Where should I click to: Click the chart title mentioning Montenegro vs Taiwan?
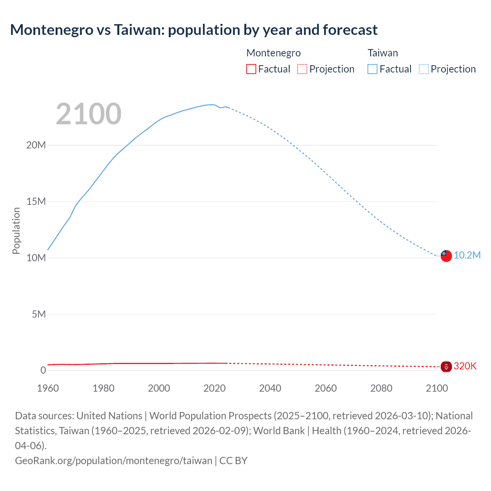tap(194, 30)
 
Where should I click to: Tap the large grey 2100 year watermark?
tap(89, 114)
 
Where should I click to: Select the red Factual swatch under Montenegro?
tap(251, 69)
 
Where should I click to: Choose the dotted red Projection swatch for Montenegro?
tap(302, 69)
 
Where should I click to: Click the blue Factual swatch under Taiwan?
tap(372, 69)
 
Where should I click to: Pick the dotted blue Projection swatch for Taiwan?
tap(423, 69)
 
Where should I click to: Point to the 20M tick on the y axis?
tap(36, 145)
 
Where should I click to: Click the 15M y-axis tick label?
tap(36, 201)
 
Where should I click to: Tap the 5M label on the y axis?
tap(39, 314)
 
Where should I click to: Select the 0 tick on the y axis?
tap(43, 370)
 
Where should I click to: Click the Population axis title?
tap(16, 231)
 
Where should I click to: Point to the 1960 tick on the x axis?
tap(48, 388)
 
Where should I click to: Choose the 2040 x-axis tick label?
tap(270, 388)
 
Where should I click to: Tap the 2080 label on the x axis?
tap(381, 388)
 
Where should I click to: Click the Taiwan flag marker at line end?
tap(446, 256)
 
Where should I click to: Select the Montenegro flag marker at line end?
tap(446, 367)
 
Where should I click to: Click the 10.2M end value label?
tap(467, 255)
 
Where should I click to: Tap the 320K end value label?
tap(465, 366)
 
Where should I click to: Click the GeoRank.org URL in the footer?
tap(114, 461)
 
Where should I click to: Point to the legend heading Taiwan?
tap(382, 53)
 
